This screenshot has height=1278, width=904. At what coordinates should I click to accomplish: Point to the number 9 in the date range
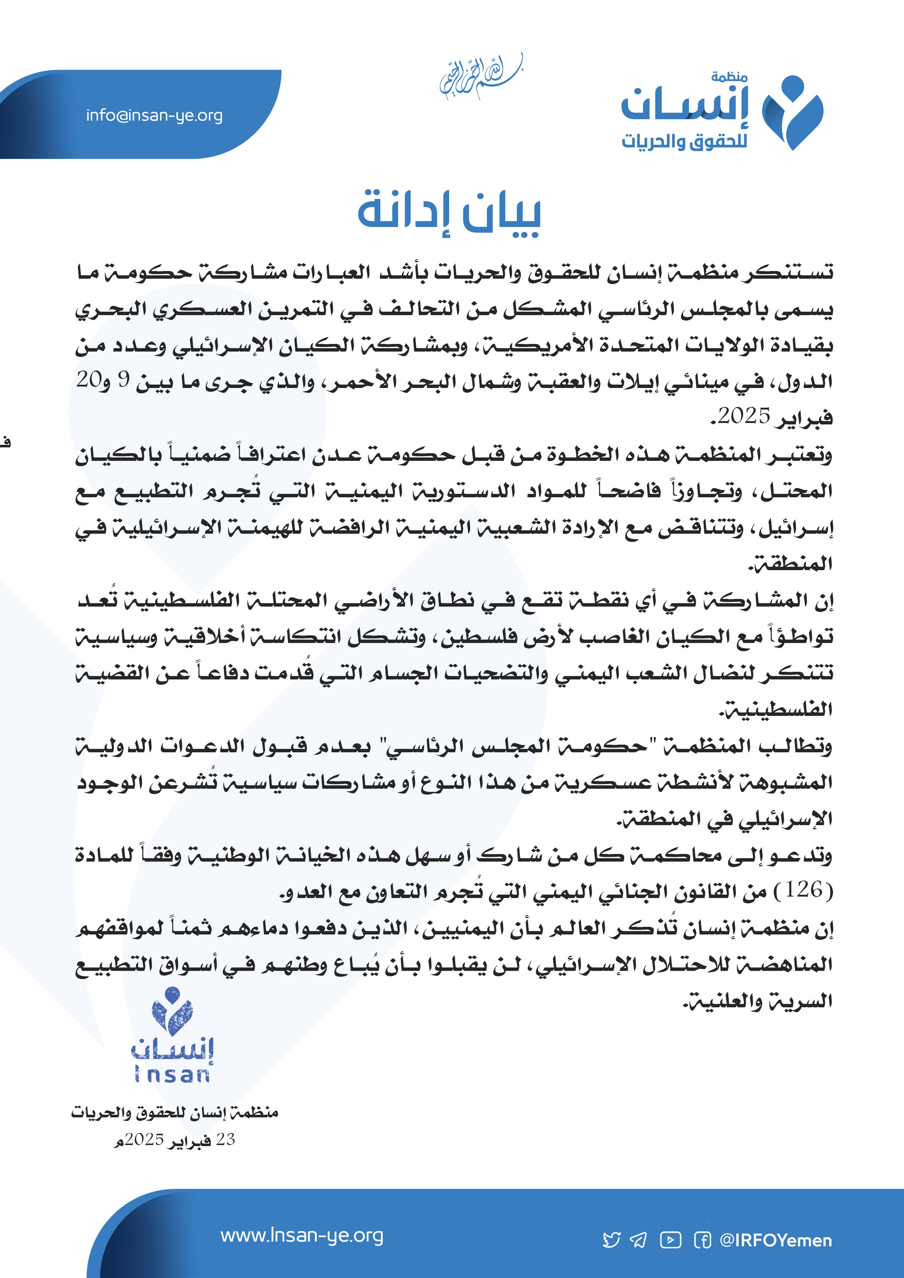pos(124,380)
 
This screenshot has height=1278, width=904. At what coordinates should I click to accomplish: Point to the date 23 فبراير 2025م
pos(174,1140)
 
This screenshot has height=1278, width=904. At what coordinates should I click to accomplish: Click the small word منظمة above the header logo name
pos(729,77)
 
